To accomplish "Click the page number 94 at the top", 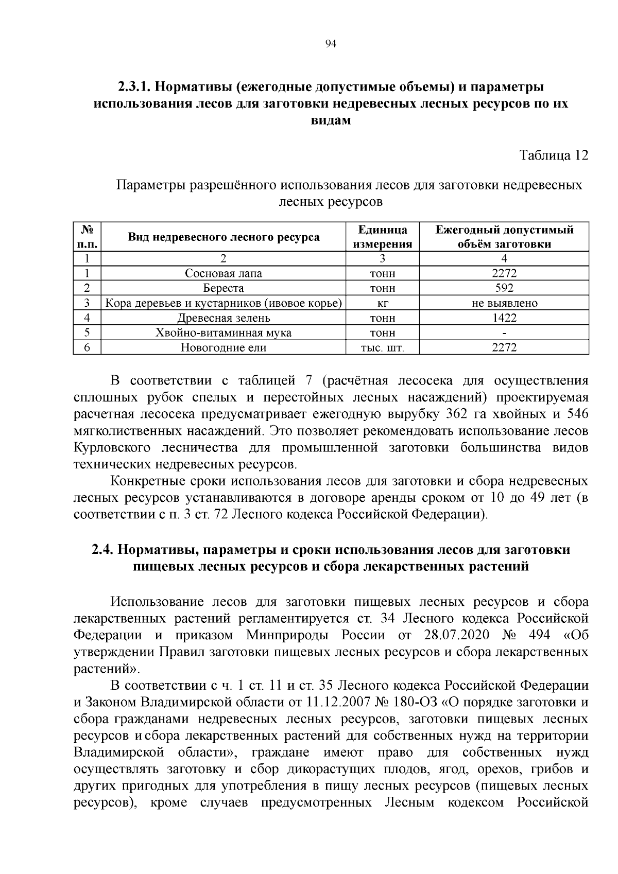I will coord(331,44).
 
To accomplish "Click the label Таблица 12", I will coord(554,155).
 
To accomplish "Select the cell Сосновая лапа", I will coord(224,273).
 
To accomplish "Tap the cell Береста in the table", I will coord(224,288).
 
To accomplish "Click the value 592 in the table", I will coord(504,288).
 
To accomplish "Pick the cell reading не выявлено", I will coord(504,303).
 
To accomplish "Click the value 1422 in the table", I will coord(504,318).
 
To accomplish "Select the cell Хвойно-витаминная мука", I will coord(224,333).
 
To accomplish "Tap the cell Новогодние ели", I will coord(224,347).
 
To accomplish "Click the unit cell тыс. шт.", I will coord(382,347).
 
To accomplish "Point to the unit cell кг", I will coord(382,303).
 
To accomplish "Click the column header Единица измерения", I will coord(382,237).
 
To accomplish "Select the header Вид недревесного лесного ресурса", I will coord(224,237).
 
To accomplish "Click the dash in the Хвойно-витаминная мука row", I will coord(504,333).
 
